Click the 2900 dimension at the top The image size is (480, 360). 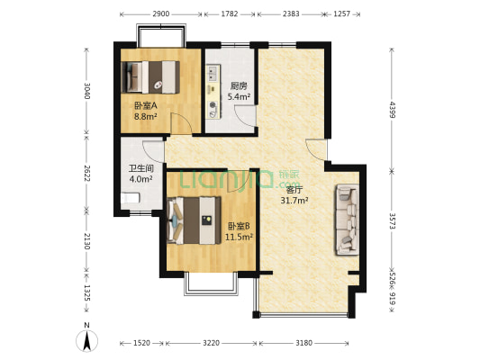160,14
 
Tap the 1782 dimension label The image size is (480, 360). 230,14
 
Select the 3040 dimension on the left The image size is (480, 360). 87,91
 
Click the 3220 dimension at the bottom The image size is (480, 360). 212,343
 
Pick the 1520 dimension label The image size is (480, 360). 141,343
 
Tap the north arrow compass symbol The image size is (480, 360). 87,340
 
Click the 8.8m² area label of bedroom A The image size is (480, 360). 146,116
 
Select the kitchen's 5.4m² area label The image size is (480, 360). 239,97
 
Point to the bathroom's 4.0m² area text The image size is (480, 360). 140,179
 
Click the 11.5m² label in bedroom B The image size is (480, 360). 239,237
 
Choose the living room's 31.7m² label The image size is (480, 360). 294,201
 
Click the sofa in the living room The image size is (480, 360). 347,220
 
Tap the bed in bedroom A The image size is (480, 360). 150,77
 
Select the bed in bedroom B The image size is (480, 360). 195,220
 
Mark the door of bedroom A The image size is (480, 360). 181,123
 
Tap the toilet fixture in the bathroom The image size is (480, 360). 131,198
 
